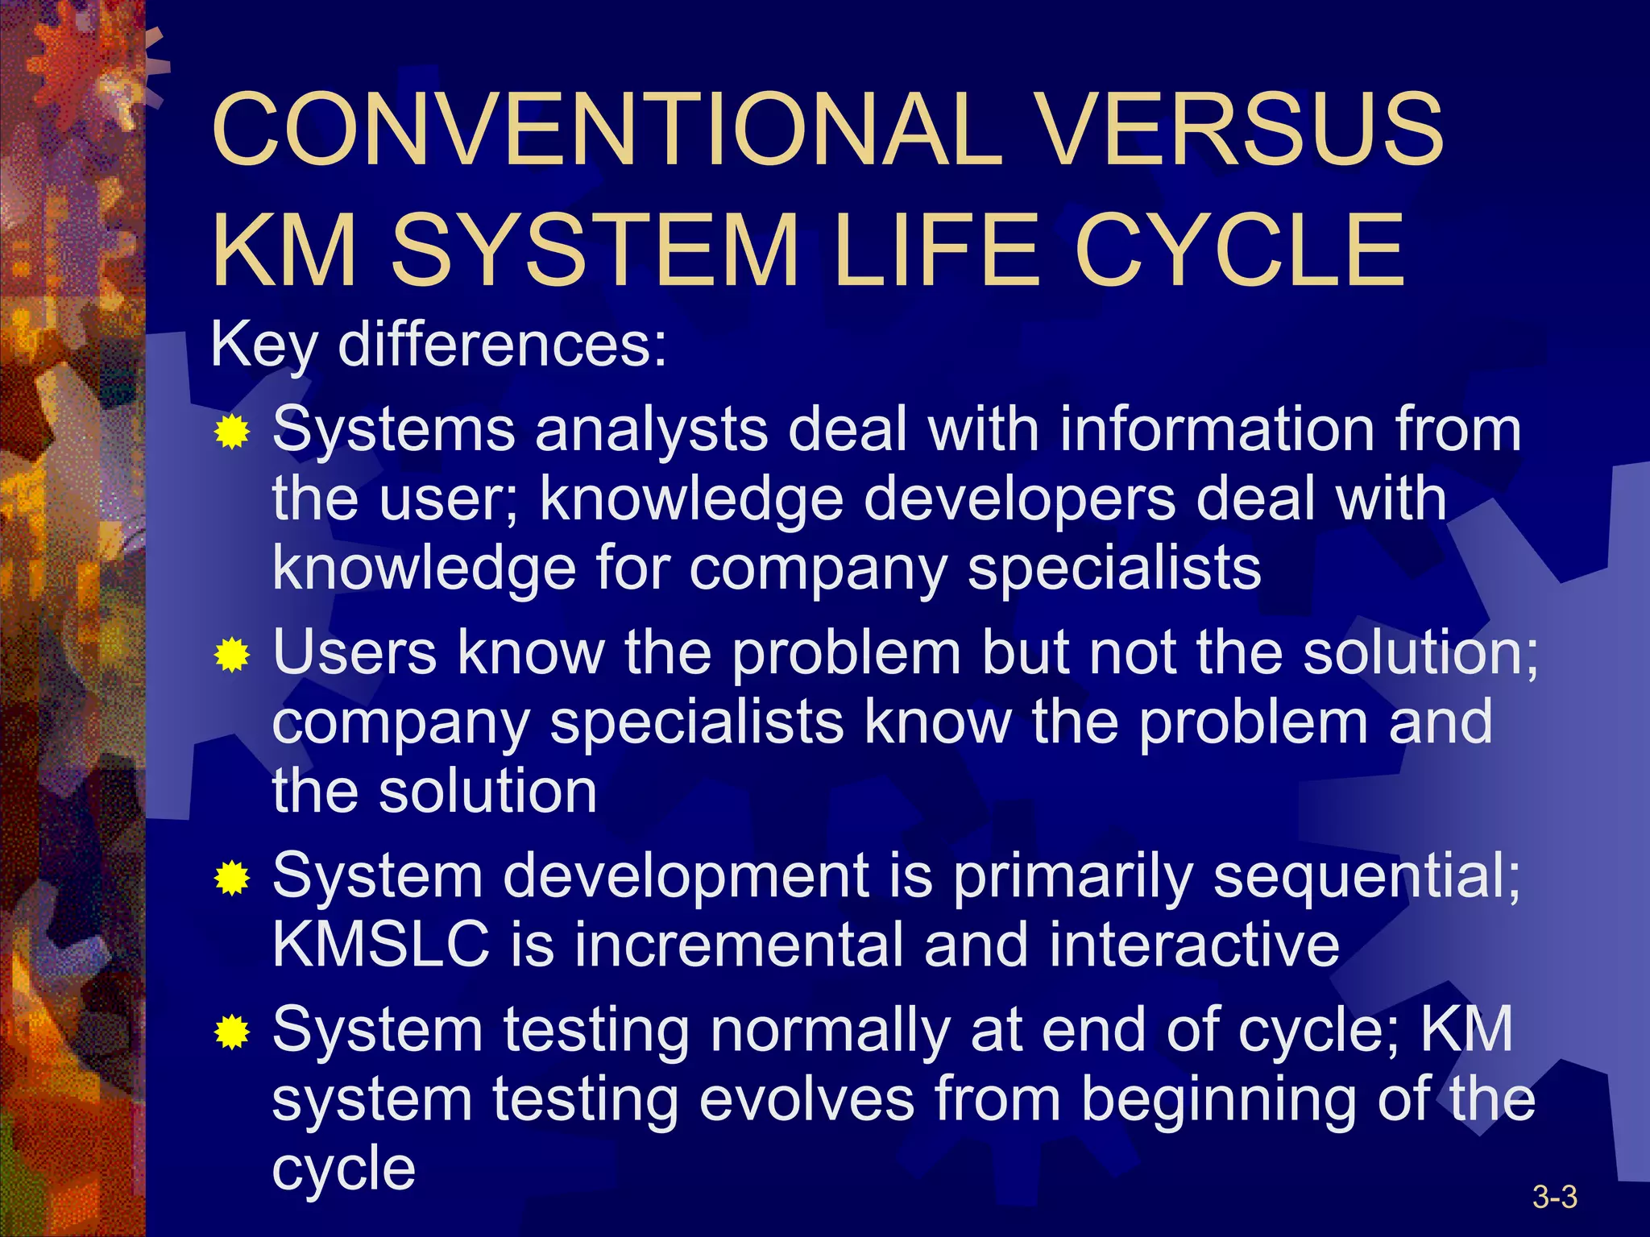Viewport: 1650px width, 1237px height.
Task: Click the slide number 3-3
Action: tap(1554, 1198)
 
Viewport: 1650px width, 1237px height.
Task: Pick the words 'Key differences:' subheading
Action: tap(438, 345)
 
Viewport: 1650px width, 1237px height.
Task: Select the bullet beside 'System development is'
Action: tap(232, 878)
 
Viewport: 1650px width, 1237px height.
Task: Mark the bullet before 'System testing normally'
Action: tap(232, 1032)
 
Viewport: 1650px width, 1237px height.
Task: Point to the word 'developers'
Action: tap(1019, 499)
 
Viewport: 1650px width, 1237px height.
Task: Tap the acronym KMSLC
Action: tap(381, 945)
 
